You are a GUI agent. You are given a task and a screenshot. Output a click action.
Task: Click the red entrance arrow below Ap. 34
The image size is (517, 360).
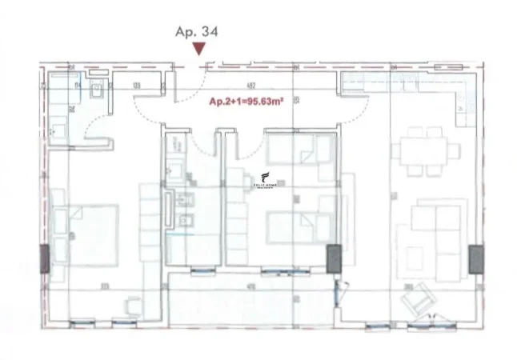coord(199,50)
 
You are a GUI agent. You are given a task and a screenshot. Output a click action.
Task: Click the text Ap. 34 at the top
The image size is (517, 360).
coord(197,32)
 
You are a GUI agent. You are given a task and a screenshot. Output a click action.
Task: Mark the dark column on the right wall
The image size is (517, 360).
coord(476,258)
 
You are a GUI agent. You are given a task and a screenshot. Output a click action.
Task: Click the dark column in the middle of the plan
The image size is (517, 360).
coord(333,258)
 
